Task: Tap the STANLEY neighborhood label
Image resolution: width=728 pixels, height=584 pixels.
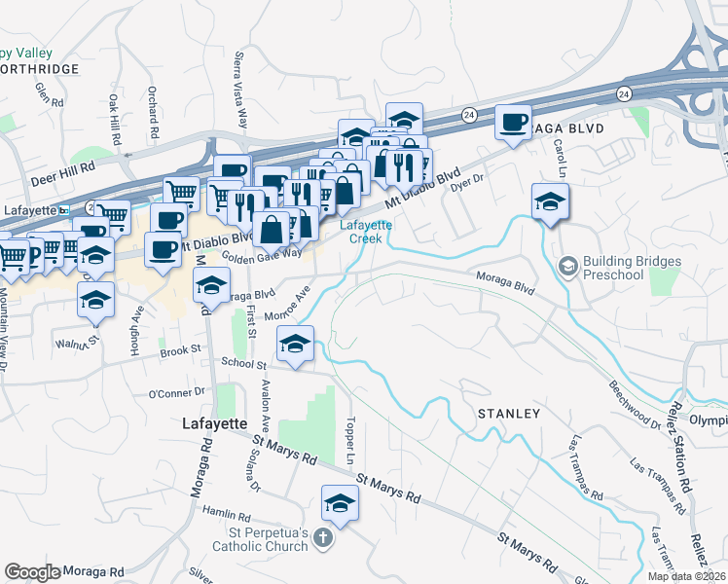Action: (508, 414)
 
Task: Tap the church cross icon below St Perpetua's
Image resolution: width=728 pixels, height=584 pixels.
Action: (323, 537)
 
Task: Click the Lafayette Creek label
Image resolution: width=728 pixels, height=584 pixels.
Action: (366, 231)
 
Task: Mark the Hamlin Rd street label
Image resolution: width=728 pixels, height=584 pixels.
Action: (225, 511)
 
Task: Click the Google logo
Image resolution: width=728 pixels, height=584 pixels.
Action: (32, 572)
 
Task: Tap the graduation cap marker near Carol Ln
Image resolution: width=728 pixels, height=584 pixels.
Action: (550, 202)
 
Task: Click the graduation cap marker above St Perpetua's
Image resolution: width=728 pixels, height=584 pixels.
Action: (340, 502)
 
